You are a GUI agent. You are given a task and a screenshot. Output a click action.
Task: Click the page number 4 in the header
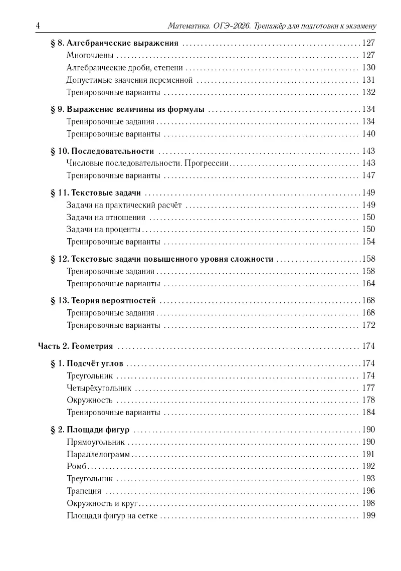(x=39, y=26)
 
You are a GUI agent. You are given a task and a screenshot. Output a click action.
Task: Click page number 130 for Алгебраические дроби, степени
(x=368, y=68)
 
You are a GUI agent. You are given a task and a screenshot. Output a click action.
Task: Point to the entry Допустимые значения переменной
(x=129, y=80)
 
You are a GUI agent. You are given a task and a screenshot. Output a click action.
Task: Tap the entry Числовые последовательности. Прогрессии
(x=147, y=163)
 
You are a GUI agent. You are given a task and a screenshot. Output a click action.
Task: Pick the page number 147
(x=368, y=175)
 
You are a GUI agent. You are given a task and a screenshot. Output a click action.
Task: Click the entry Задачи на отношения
(x=106, y=217)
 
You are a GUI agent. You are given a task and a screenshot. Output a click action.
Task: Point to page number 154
(x=368, y=242)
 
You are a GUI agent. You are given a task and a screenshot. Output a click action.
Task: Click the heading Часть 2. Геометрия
(x=75, y=346)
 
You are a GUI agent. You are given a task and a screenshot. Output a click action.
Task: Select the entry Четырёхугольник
(x=98, y=388)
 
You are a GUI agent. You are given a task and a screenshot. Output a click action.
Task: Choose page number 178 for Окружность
(x=368, y=400)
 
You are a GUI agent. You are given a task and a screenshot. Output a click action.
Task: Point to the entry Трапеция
(x=83, y=491)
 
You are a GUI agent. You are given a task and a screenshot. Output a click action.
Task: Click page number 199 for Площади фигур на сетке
(x=368, y=515)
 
